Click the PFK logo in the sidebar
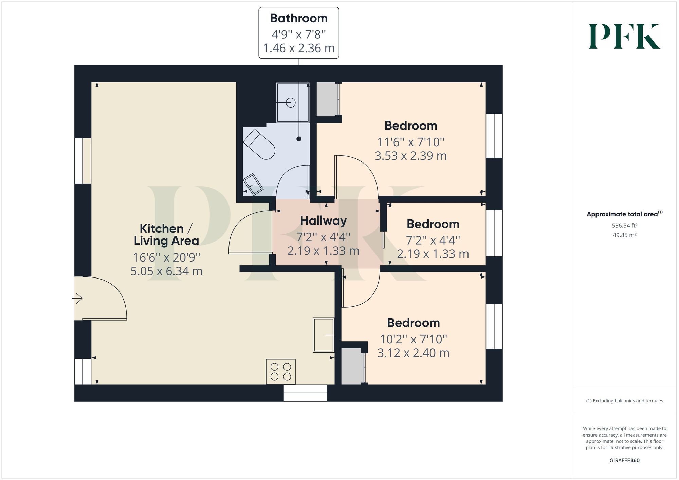[624, 36]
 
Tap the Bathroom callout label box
[299, 33]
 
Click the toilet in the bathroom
[259, 144]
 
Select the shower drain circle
[291, 102]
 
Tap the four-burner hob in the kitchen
[281, 371]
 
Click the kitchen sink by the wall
[324, 335]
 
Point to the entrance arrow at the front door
[77, 299]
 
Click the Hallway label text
[323, 221]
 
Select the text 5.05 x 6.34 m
[166, 271]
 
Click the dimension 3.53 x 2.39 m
[410, 156]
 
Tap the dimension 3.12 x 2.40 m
[413, 353]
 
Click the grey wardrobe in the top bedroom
[327, 100]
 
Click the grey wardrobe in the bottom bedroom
[352, 366]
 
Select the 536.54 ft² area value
[624, 226]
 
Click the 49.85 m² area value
[624, 235]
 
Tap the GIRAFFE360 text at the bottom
[624, 460]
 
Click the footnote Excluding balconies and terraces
[624, 401]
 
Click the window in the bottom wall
[305, 393]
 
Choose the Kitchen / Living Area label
[166, 234]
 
